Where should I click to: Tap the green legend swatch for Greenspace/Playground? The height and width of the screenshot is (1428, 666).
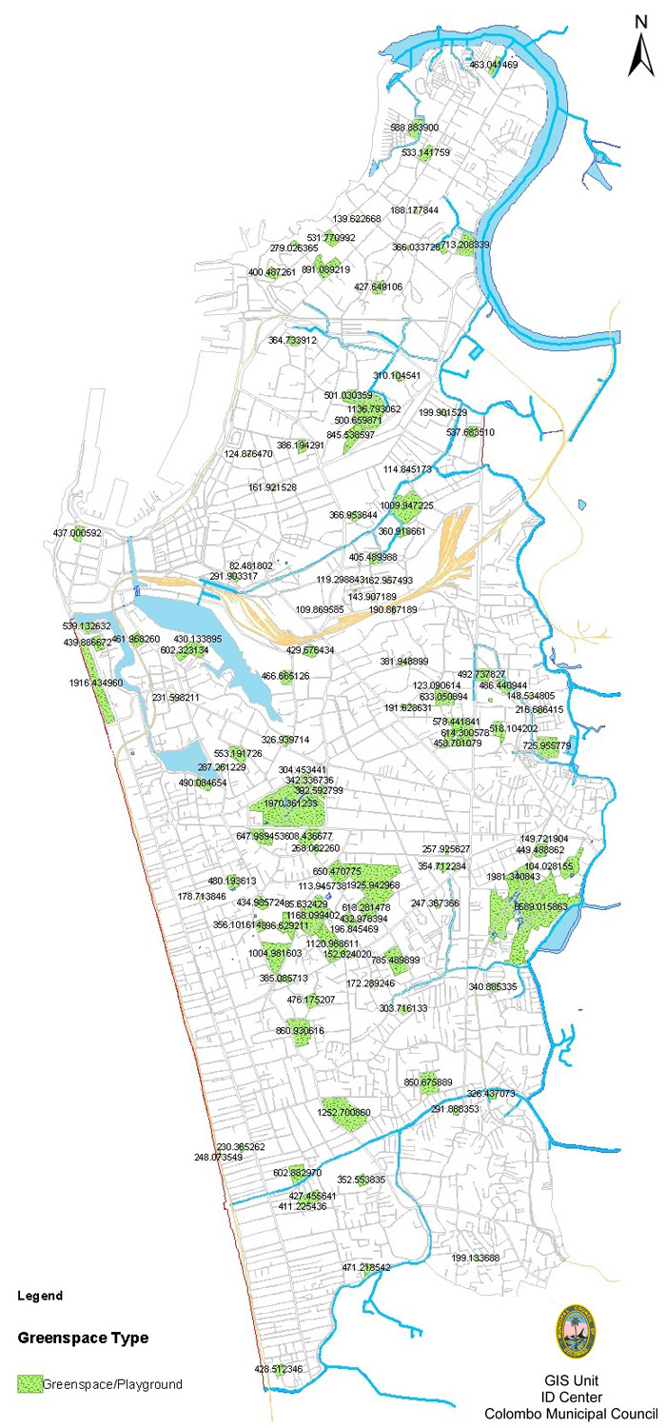pos(29,1384)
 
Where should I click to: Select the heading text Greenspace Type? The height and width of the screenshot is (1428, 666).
pos(83,1338)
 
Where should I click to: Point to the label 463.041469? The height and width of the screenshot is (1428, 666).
pos(494,65)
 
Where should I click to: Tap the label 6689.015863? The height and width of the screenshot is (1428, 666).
pos(540,907)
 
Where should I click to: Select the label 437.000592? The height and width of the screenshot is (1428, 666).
pos(77,533)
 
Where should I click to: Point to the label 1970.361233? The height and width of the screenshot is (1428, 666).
pos(290,803)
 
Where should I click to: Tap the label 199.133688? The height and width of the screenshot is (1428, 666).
pos(476,1258)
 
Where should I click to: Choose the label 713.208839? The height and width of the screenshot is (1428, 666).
pos(465,245)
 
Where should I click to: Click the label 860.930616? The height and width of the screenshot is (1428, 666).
pos(300,1031)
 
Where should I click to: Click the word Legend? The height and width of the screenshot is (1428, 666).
pos(40,1296)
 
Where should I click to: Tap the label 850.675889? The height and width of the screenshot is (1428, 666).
pos(428,1081)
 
